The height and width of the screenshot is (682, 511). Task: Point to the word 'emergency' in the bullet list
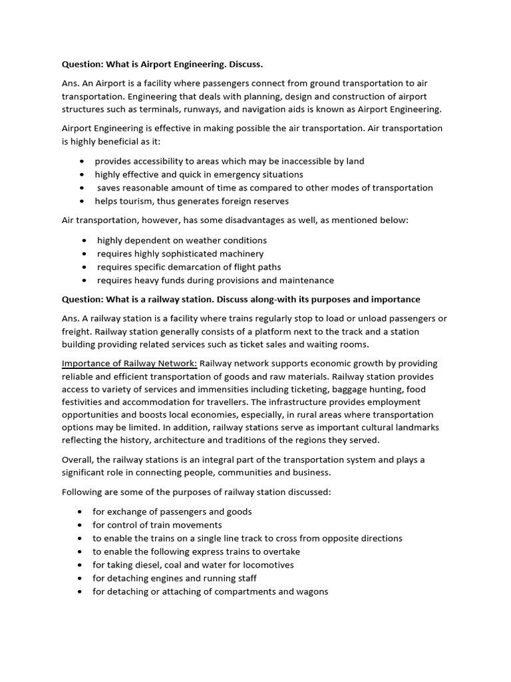click(229, 174)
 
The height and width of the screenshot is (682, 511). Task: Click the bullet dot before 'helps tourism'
click(81, 201)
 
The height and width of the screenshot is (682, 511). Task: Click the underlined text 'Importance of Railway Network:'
click(129, 364)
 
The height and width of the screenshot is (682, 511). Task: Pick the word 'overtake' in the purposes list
click(281, 551)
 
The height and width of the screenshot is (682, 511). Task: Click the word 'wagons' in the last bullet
click(313, 591)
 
